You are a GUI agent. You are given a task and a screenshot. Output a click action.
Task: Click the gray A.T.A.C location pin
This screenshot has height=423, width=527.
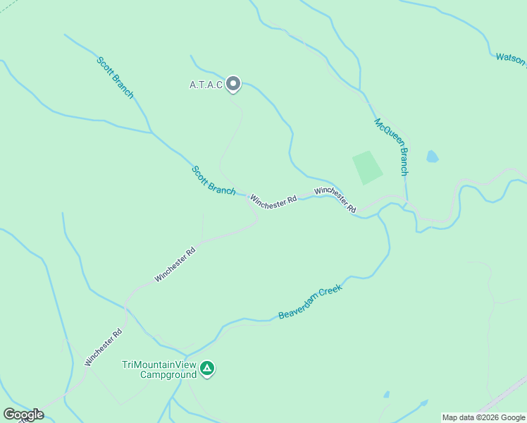coord(233,84)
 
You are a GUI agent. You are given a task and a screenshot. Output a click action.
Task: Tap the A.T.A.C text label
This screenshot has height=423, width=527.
coord(206,85)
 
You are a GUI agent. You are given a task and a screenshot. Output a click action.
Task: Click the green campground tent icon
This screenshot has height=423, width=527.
coord(207,368)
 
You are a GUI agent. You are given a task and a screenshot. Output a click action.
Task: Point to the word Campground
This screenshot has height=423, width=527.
coord(168,374)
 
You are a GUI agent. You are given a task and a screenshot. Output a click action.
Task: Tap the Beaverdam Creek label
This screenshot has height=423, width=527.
coord(310,302)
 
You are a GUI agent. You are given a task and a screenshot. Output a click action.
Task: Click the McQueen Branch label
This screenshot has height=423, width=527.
coord(391,147)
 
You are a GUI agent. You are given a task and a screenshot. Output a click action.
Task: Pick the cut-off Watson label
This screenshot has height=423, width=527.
coord(511,58)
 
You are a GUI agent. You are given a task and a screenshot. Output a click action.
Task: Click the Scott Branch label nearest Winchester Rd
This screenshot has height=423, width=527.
coord(213,180)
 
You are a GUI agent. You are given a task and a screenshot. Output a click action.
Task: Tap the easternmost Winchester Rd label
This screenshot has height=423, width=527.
coord(335,200)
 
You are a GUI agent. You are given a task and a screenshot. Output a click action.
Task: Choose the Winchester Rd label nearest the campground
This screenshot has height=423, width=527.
coord(104,347)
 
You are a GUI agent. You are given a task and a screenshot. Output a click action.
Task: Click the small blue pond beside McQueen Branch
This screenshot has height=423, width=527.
coord(431,156)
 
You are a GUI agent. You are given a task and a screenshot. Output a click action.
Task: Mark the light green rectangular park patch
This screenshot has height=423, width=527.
coord(367,167)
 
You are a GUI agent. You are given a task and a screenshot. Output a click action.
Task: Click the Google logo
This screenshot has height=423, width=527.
coord(23,415)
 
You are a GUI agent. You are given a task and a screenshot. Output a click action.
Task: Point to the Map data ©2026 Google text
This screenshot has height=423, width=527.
coord(483,417)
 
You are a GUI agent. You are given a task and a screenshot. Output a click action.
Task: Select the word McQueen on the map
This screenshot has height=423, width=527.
coord(384,131)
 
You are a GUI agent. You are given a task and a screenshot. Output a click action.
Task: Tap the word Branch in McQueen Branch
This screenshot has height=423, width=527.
coord(401,162)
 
